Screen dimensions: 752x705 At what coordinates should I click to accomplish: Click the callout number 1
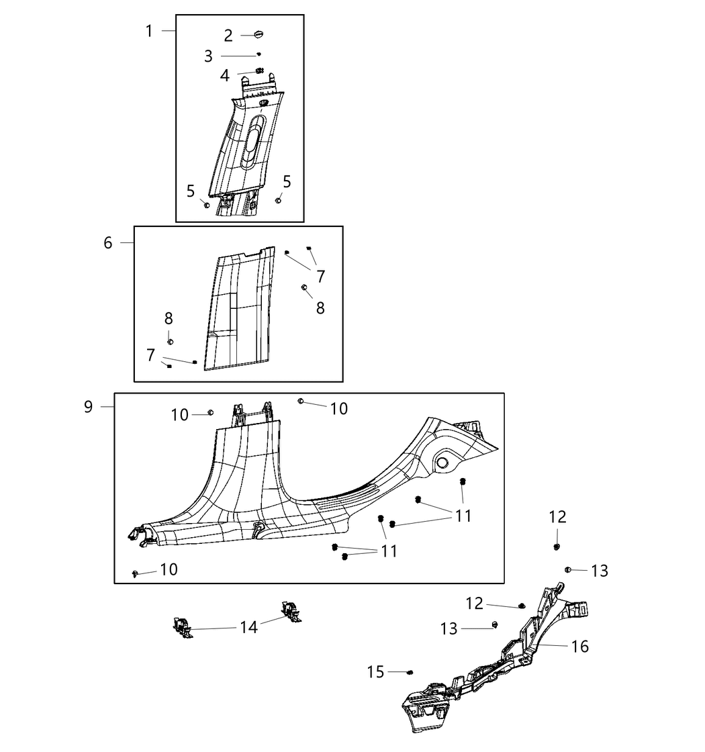(149, 31)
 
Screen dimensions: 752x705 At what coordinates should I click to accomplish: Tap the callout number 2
(228, 36)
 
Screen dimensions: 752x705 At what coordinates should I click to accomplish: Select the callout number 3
(208, 56)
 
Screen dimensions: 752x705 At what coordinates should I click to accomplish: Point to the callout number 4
(225, 75)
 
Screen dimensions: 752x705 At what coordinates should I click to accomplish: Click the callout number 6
(108, 243)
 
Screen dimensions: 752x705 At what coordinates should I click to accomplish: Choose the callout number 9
(89, 407)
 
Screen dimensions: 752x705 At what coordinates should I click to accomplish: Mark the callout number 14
(248, 628)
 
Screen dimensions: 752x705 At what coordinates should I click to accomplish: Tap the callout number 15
(376, 671)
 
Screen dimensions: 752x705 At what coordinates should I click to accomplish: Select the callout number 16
(579, 647)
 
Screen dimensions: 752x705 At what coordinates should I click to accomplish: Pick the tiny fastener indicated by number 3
(259, 55)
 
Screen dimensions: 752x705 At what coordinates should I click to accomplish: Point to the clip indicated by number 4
(260, 72)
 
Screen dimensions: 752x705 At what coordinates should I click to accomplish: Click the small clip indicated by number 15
(411, 671)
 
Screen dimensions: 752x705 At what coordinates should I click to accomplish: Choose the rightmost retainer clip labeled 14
(292, 610)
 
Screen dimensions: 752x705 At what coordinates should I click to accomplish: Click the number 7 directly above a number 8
(320, 276)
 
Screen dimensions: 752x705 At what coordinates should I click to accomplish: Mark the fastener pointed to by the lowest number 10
(136, 573)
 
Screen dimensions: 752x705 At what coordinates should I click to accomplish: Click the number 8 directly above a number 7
(169, 319)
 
